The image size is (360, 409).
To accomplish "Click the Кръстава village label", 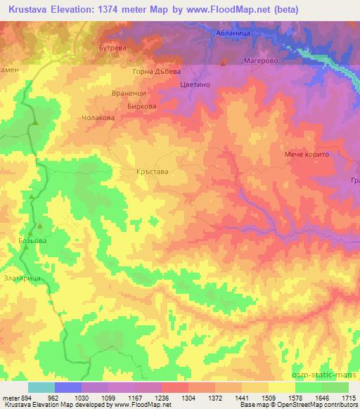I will pyautogui.click(x=151, y=170).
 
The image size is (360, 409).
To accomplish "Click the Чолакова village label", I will pyautogui.click(x=98, y=118).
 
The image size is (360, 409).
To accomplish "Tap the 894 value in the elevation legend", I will pyautogui.click(x=23, y=397).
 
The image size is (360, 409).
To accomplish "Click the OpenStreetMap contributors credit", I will pyautogui.click(x=319, y=405).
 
